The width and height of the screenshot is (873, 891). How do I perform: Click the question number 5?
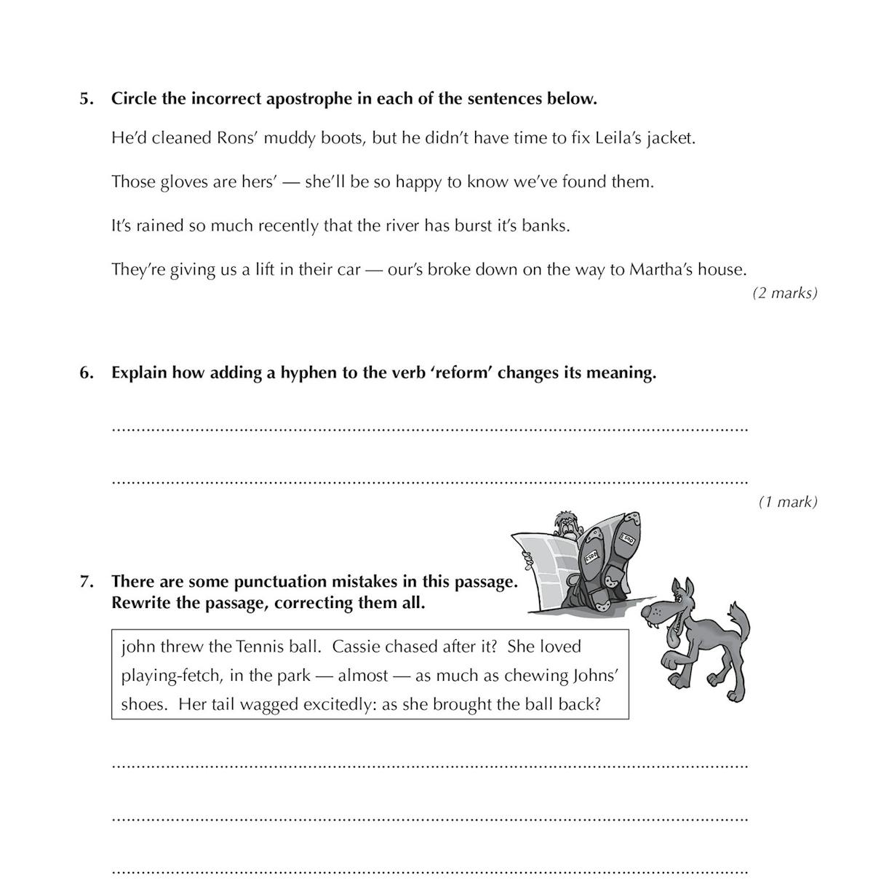pyautogui.click(x=86, y=99)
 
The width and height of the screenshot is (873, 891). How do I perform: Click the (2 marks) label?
pyautogui.click(x=784, y=293)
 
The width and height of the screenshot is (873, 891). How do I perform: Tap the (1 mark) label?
pyautogui.click(x=788, y=502)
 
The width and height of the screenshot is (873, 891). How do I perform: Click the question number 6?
pyautogui.click(x=86, y=373)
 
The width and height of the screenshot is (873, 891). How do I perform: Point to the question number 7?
pyautogui.click(x=86, y=582)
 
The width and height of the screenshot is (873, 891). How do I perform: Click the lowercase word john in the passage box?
pyautogui.click(x=137, y=647)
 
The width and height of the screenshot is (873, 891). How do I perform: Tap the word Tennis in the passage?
pyautogui.click(x=258, y=647)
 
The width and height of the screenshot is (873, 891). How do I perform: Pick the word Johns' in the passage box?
pyautogui.click(x=595, y=676)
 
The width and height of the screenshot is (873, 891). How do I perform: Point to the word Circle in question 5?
pyautogui.click(x=134, y=99)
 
